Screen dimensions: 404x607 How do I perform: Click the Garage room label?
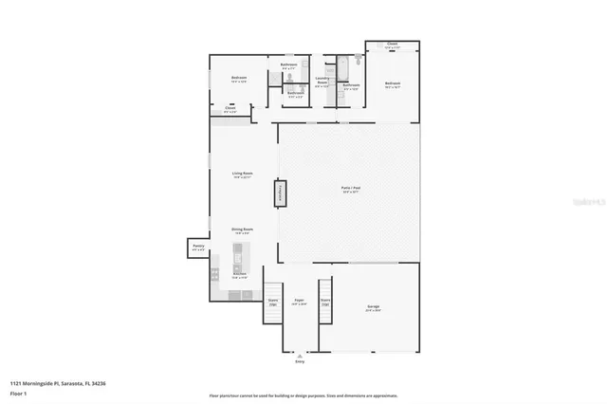pos(374,307)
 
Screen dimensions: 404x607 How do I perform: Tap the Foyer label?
pos(299,302)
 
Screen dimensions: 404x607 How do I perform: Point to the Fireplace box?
pos(280,193)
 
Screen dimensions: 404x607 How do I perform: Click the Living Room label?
pos(242,174)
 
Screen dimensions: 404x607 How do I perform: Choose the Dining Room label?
pos(242,230)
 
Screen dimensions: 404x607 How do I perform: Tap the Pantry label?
pos(198,247)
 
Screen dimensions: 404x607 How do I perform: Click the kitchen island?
pos(239,257)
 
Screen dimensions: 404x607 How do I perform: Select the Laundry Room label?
pos(322,81)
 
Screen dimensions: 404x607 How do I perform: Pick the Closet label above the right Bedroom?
pos(392,45)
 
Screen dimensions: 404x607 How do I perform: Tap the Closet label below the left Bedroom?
pos(230,109)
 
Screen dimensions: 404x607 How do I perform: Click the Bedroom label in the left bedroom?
pos(239,79)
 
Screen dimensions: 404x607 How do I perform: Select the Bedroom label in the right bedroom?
pos(392,84)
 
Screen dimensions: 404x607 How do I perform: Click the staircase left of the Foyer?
pos(273,303)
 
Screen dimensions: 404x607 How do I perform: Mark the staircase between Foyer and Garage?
pos(325,303)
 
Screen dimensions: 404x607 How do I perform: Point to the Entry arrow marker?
pos(301,355)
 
